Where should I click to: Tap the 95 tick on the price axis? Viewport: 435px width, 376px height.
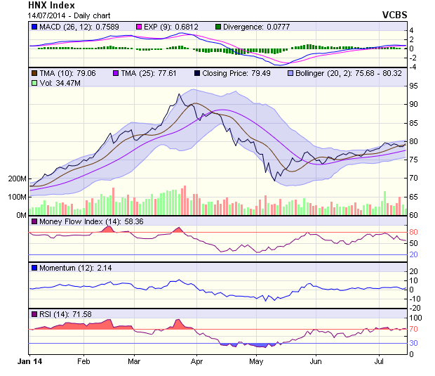(414, 86)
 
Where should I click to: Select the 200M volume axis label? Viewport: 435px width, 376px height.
(17, 179)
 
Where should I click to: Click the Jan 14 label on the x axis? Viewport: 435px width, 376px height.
(29, 361)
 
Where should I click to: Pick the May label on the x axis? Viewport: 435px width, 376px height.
(255, 361)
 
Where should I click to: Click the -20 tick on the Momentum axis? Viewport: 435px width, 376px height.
(414, 308)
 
